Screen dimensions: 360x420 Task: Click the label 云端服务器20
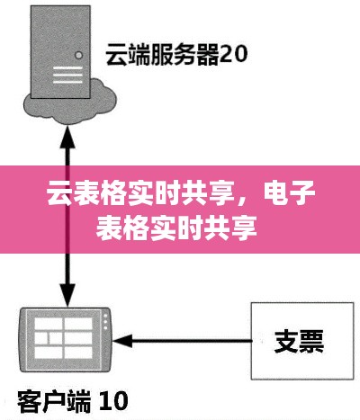[176, 54]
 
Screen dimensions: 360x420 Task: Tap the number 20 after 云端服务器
[233, 54]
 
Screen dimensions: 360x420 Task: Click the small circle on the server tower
[79, 55]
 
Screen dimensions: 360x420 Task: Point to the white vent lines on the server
[67, 75]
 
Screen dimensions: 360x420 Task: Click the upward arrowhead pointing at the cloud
[67, 137]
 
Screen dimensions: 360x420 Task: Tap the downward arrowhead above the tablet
[67, 295]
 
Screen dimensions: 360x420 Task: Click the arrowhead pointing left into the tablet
[122, 341]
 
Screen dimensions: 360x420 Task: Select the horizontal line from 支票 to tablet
[182, 341]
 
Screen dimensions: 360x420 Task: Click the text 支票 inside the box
[299, 341]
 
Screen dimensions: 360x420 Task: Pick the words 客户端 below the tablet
[54, 401]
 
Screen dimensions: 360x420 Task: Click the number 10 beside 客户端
[113, 401]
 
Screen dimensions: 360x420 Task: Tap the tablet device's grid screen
[64, 338]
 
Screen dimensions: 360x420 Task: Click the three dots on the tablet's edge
[105, 322]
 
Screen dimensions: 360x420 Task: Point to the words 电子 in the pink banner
[289, 193]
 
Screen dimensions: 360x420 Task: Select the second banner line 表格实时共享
[176, 228]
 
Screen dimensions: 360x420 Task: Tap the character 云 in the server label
[117, 54]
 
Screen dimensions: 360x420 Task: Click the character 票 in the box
[312, 341]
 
